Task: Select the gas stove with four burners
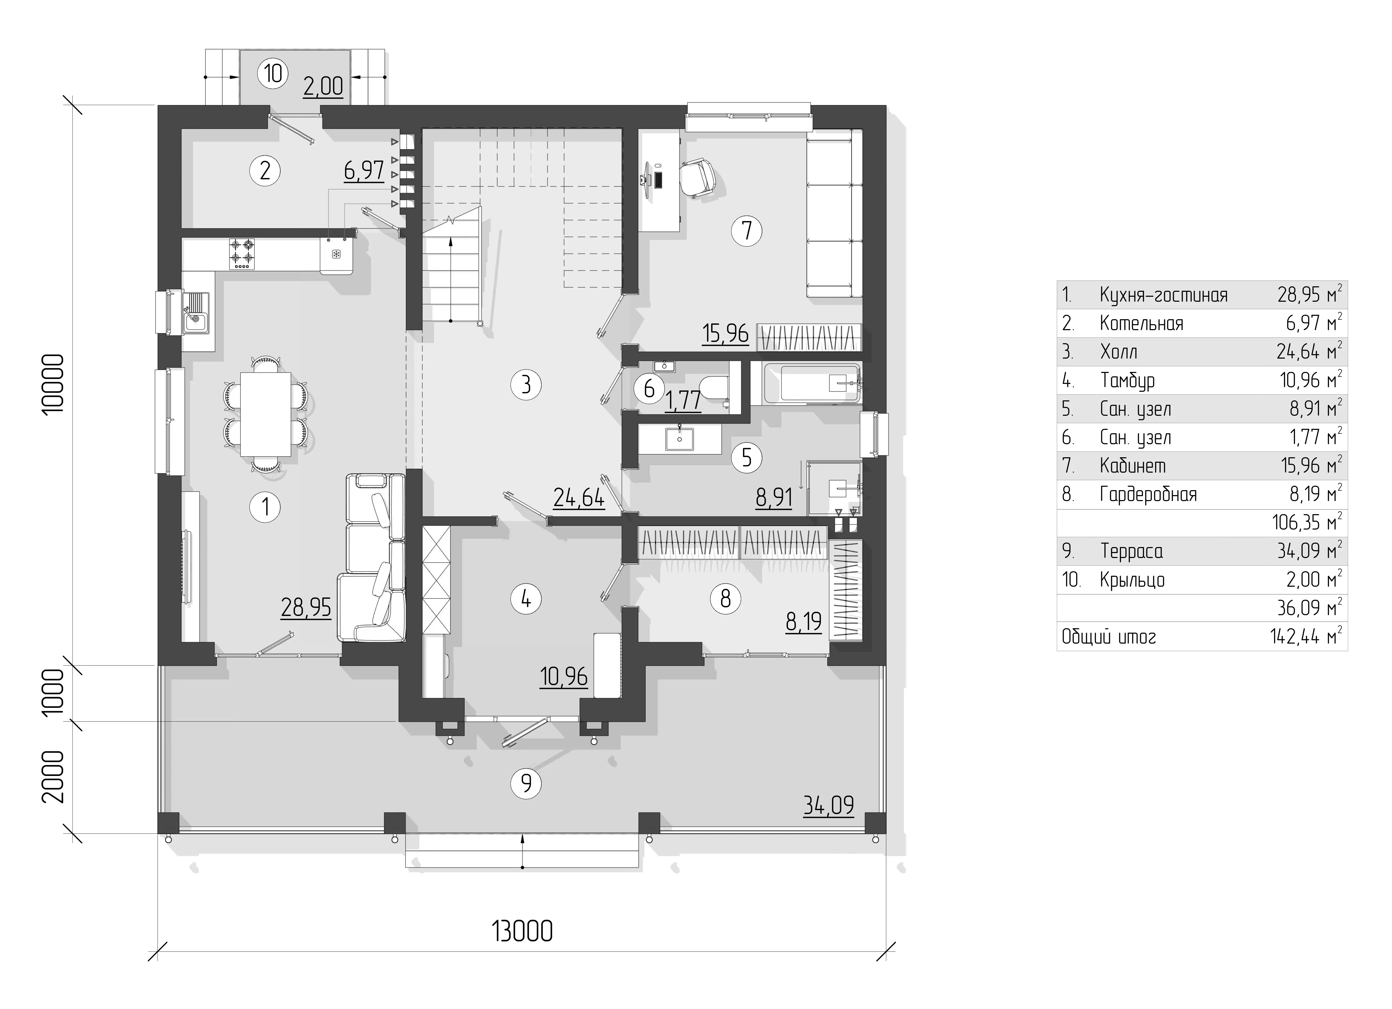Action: (242, 253)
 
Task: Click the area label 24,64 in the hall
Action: (579, 497)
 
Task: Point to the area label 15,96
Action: (725, 333)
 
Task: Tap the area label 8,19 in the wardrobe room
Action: (804, 622)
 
